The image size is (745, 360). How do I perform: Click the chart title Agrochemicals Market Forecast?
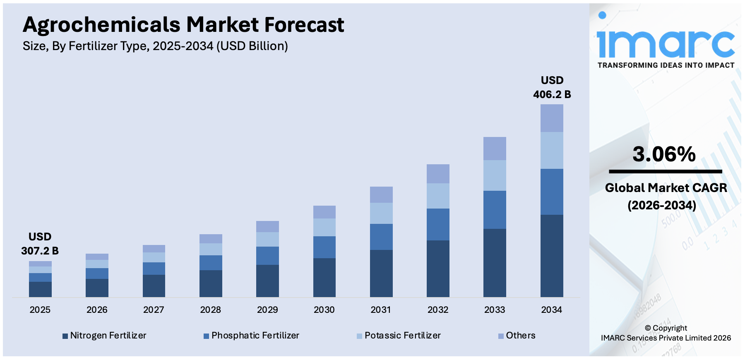(183, 25)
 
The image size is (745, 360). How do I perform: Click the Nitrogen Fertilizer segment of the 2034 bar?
(552, 255)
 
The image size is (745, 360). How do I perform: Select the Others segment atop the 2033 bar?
(495, 149)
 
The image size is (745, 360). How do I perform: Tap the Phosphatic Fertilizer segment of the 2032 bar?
(438, 224)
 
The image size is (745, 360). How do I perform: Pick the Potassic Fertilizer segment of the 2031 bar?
(381, 213)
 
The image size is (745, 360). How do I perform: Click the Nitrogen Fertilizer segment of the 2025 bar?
(40, 289)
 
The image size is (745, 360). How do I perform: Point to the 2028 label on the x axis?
(210, 310)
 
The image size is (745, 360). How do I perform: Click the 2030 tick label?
(324, 310)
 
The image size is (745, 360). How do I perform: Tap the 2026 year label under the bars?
(97, 310)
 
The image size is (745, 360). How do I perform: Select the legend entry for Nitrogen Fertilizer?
(104, 336)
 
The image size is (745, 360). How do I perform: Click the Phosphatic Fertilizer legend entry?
(251, 336)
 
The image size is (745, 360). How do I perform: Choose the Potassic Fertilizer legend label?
(399, 336)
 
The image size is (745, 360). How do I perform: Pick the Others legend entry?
(517, 336)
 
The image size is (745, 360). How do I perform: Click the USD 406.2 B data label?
(552, 87)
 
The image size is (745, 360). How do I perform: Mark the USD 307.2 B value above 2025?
(40, 244)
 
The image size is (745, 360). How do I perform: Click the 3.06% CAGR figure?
(664, 154)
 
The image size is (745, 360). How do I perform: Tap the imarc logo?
(665, 39)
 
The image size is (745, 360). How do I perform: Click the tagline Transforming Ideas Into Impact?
(666, 65)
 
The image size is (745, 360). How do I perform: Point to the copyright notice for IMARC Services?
(666, 333)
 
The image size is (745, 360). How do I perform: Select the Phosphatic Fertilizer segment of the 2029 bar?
(267, 256)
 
